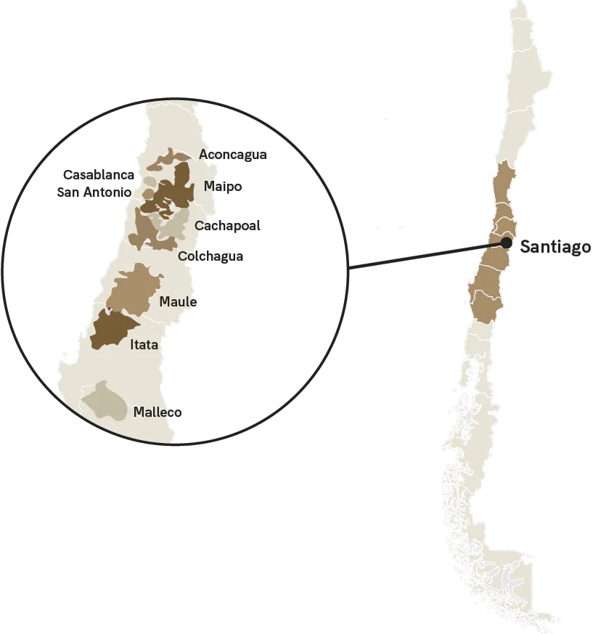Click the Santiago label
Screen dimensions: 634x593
click(555, 247)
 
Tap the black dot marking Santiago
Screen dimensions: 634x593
click(506, 244)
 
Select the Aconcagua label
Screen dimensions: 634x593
click(232, 155)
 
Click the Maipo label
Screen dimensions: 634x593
click(222, 187)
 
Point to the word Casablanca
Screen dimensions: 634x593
click(99, 175)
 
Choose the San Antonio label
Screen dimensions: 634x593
click(94, 192)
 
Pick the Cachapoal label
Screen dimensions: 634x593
click(227, 226)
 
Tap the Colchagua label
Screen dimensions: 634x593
click(210, 256)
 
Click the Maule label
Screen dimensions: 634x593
click(178, 301)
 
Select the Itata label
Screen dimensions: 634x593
click(144, 345)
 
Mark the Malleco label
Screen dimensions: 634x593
click(158, 412)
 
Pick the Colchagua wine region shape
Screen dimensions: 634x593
click(144, 231)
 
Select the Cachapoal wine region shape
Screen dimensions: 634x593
click(174, 226)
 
